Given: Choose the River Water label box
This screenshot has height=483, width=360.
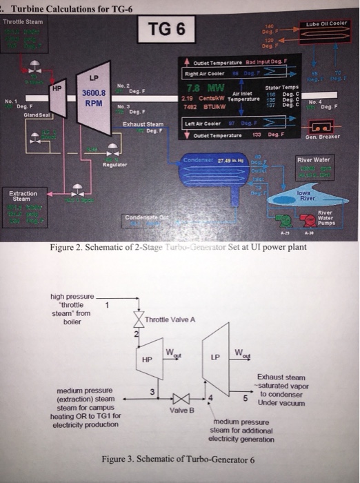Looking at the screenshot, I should point(322,159).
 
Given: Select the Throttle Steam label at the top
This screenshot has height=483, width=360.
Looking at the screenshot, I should point(23,21).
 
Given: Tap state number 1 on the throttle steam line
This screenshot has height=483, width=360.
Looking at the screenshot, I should point(107,304).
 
